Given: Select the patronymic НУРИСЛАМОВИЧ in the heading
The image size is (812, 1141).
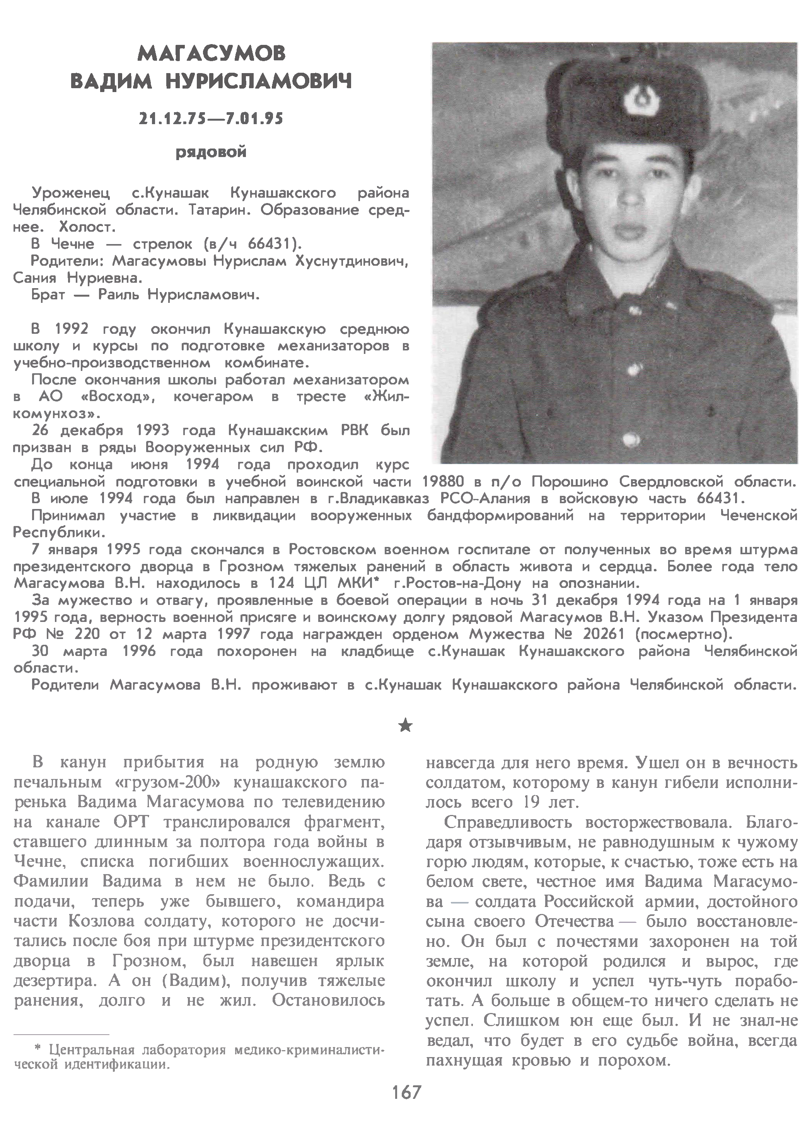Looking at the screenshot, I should pos(259,81).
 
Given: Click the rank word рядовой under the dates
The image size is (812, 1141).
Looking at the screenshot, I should pos(211,152).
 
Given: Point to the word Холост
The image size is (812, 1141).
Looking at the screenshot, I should pos(87,227).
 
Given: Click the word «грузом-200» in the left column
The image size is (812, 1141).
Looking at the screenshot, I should pos(176,782).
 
